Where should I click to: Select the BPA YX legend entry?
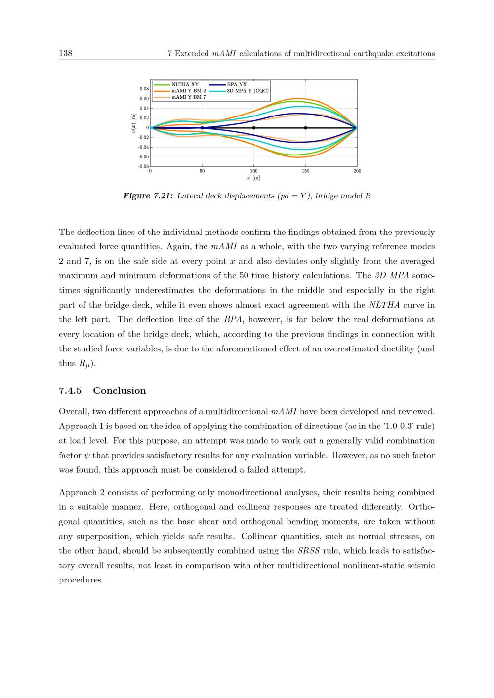(x=237, y=85)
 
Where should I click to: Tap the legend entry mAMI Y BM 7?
(x=188, y=97)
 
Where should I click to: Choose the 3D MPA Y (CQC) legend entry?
(x=247, y=91)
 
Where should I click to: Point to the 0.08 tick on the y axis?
(x=144, y=89)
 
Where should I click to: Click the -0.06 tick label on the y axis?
(x=143, y=156)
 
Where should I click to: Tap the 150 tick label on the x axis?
(x=305, y=171)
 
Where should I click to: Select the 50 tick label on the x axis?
(x=202, y=171)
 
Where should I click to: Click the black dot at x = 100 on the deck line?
(x=254, y=128)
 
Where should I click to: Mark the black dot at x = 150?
(x=306, y=128)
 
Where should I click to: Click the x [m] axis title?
(x=254, y=178)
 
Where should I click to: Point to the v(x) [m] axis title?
(x=133, y=123)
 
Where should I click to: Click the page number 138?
(x=65, y=53)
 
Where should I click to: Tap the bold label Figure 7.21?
(x=148, y=196)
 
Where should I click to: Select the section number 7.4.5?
(x=70, y=391)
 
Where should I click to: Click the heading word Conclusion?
(x=120, y=391)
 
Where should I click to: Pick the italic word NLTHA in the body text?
(x=383, y=305)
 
